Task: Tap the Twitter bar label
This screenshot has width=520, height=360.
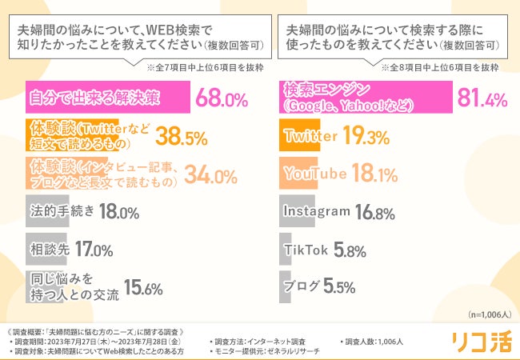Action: coord(310,137)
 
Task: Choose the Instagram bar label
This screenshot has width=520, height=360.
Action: coord(317,211)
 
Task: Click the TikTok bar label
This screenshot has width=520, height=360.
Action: coord(306,249)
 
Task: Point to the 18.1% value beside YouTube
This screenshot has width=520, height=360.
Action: coord(375,174)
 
